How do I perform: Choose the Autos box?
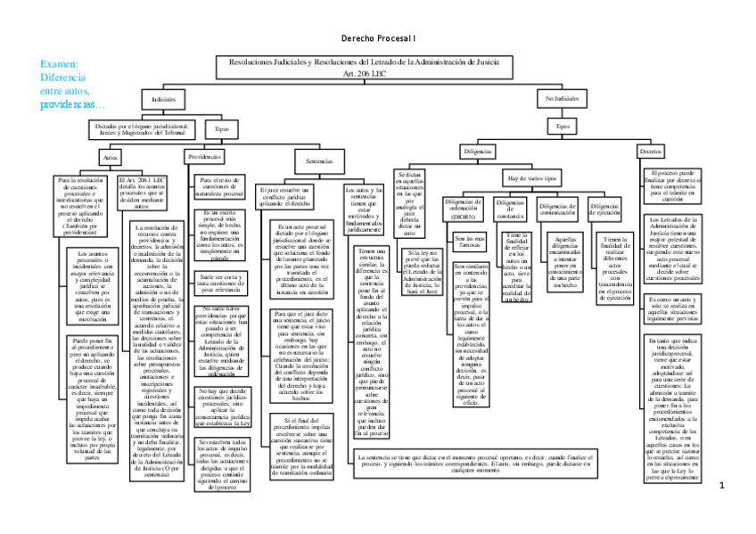tap(111, 156)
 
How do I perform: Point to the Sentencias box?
tap(319, 161)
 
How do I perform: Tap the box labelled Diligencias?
tap(477, 152)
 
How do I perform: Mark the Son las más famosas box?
tap(470, 241)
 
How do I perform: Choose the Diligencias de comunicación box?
tap(558, 209)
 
